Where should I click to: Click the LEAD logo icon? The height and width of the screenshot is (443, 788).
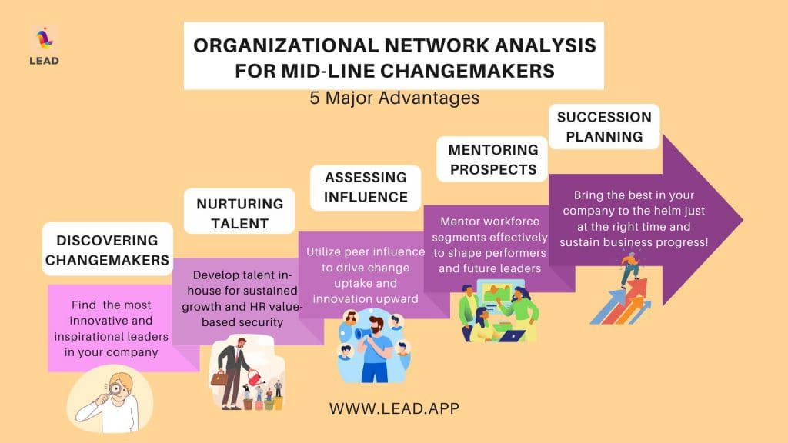(x=44, y=39)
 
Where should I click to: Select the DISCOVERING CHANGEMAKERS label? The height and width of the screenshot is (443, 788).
(x=108, y=249)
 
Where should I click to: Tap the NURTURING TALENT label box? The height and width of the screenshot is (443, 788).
(x=239, y=212)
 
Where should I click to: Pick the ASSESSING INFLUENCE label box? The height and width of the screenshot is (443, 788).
(x=366, y=188)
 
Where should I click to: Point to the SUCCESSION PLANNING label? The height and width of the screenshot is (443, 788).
(x=604, y=127)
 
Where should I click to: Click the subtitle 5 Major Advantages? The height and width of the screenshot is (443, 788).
(x=395, y=98)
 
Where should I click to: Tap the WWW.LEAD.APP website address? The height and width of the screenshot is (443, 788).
(x=395, y=408)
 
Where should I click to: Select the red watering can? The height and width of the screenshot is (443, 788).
(x=257, y=377)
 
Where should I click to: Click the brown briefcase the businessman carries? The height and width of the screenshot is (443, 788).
(x=219, y=378)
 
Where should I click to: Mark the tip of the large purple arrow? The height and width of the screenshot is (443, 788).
(x=743, y=219)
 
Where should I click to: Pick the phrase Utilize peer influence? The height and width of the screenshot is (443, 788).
(x=366, y=251)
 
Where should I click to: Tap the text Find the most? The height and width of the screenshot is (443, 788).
(x=111, y=305)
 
